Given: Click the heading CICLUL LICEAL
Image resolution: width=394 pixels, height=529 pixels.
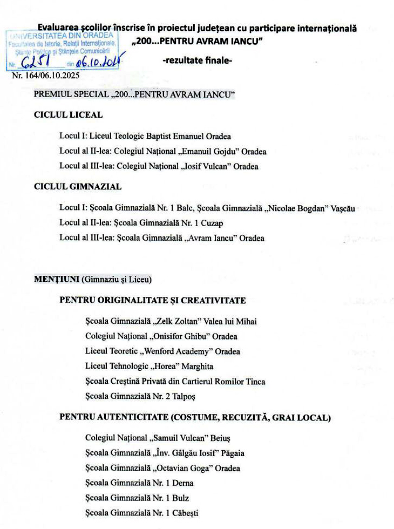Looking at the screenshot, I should (68, 115).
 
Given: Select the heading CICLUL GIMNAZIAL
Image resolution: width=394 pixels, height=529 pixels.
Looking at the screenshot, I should (77, 187).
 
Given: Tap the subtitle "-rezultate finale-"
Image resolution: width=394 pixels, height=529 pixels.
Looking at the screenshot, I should (197, 60).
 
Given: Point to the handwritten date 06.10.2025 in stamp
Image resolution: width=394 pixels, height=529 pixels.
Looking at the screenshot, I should (97, 63).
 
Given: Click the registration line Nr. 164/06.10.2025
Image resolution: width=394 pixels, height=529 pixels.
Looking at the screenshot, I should (45, 76).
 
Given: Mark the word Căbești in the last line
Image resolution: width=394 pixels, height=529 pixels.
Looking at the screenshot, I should (184, 513).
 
